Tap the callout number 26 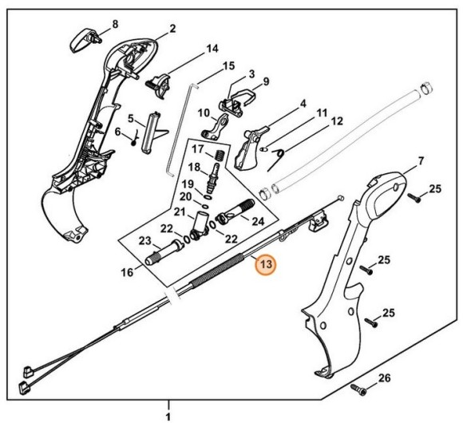pyautogui.click(x=383, y=378)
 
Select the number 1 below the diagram pyautogui.click(x=168, y=415)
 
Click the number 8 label pyautogui.click(x=114, y=24)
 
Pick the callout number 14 pyautogui.click(x=212, y=49)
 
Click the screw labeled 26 pyautogui.click(x=358, y=389)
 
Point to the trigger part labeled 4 pyautogui.click(x=253, y=142)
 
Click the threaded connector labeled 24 pyautogui.click(x=236, y=215)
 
